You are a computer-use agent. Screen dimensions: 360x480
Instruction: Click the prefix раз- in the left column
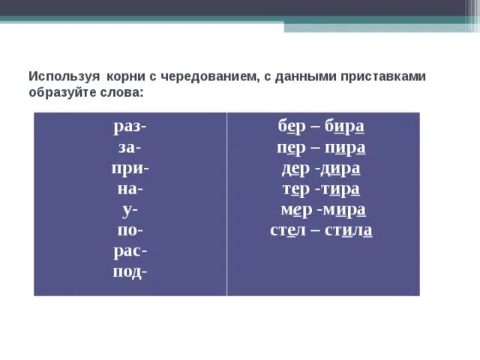point(130,127)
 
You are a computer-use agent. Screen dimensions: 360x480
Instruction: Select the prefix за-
point(130,148)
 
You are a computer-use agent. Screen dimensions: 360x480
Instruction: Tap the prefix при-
point(130,169)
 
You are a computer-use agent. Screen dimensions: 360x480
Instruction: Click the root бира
point(345,127)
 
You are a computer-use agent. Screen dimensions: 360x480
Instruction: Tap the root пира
point(346,148)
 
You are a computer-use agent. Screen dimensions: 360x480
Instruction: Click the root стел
point(289,230)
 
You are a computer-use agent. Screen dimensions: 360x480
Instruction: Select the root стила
point(349,230)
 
